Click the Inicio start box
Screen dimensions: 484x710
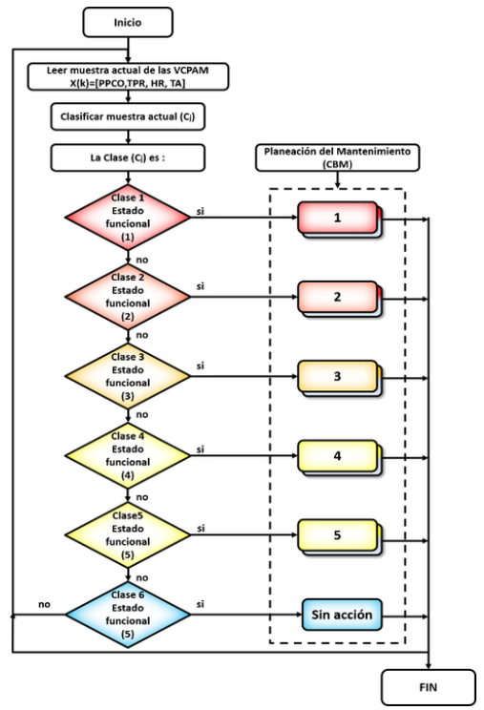(x=128, y=22)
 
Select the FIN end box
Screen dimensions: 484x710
(x=429, y=687)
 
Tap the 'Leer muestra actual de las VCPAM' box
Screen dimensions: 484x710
(x=128, y=76)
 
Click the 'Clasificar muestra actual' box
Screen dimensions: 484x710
(x=128, y=116)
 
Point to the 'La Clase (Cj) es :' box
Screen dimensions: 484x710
(x=128, y=157)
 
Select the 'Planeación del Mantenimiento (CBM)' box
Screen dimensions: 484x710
(x=337, y=157)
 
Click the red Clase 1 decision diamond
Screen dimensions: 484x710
(x=128, y=218)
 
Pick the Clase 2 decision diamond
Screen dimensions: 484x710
(x=128, y=297)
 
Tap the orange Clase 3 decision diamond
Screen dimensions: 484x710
(x=128, y=376)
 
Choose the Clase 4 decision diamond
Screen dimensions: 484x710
(x=128, y=455)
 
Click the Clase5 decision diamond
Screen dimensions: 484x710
(x=128, y=535)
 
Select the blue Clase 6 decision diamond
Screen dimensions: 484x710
(x=128, y=615)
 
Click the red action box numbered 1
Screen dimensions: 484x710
(x=340, y=219)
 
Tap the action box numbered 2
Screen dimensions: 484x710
(x=340, y=299)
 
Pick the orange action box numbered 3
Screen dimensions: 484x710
(x=340, y=379)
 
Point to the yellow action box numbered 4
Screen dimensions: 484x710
(x=340, y=458)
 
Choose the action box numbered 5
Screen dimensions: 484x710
(x=340, y=537)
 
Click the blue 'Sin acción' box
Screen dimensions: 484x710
(x=342, y=615)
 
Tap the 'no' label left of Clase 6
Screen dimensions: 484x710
(x=44, y=604)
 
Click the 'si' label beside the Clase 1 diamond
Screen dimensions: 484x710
(x=200, y=211)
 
